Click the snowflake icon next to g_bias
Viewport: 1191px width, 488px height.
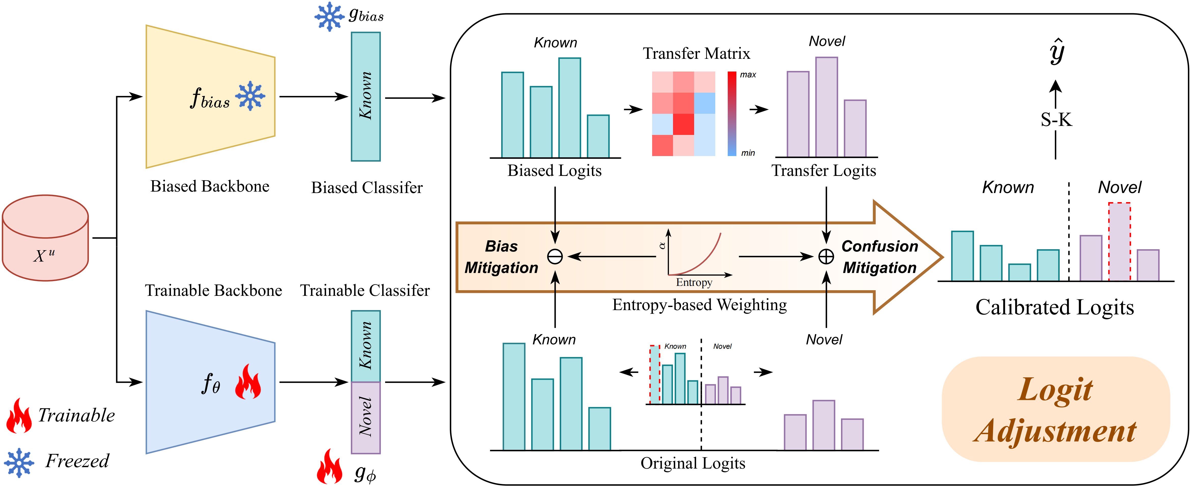pyautogui.click(x=329, y=17)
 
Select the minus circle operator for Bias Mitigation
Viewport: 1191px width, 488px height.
pyautogui.click(x=555, y=256)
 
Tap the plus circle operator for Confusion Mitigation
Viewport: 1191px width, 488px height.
pyautogui.click(x=826, y=256)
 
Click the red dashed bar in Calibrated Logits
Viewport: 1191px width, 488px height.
pyautogui.click(x=1119, y=242)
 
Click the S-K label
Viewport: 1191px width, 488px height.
pyautogui.click(x=1056, y=120)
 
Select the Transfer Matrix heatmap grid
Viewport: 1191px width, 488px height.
pyautogui.click(x=683, y=113)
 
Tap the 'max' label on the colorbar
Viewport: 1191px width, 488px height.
pyautogui.click(x=748, y=75)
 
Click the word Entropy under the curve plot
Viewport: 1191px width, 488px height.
pyautogui.click(x=694, y=282)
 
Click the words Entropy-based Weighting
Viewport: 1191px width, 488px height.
pyautogui.click(x=699, y=305)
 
